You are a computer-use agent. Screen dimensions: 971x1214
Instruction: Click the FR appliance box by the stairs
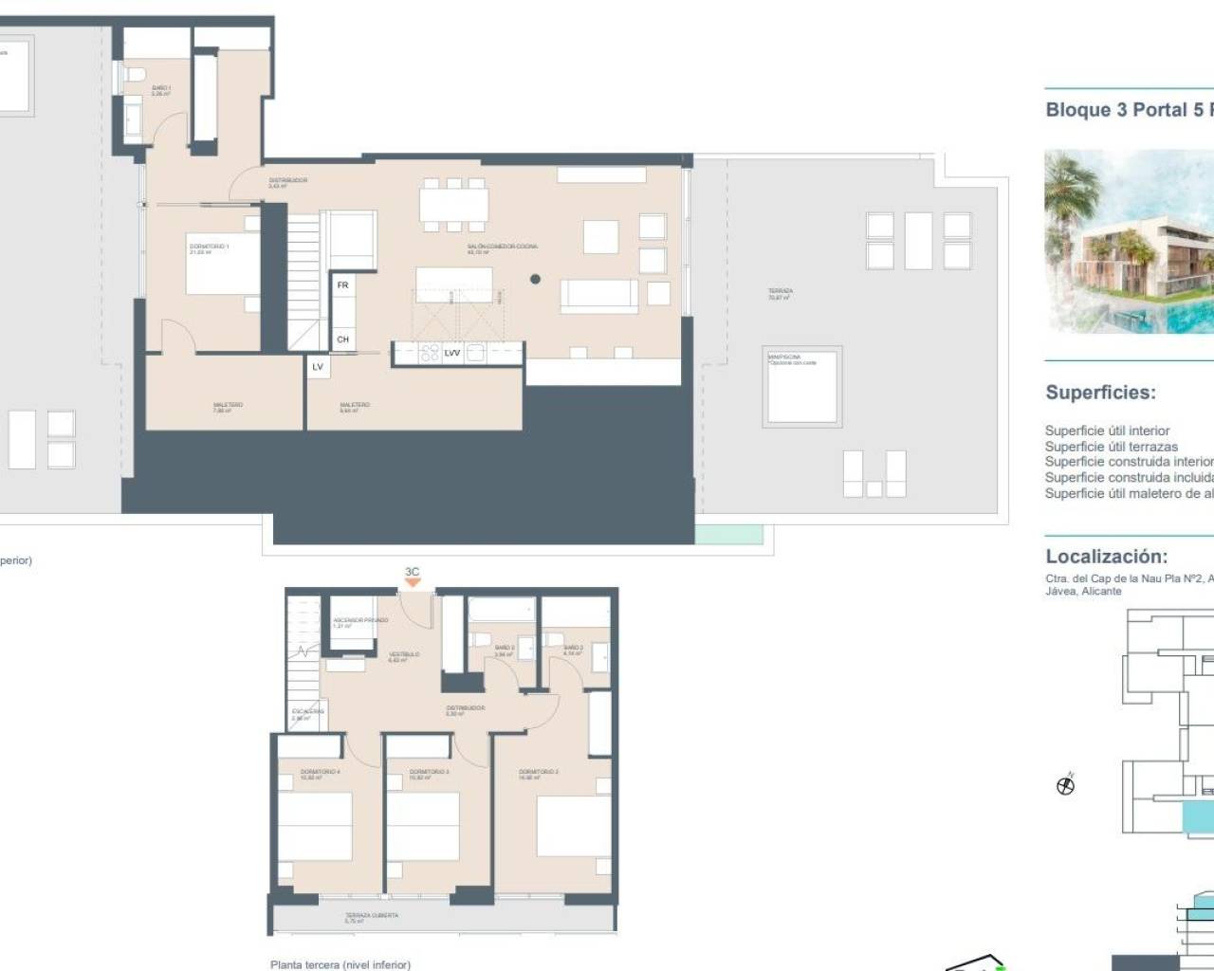coord(342,285)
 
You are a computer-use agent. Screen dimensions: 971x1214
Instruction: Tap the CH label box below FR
coord(342,339)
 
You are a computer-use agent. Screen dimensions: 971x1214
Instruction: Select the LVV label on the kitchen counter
coord(452,354)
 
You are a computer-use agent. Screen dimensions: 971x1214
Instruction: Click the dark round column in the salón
coord(535,279)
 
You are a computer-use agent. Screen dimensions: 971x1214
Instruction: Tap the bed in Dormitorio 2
coord(573,825)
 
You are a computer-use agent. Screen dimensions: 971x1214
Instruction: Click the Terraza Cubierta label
coord(372,917)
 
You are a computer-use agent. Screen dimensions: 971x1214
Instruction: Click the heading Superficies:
coord(1100,393)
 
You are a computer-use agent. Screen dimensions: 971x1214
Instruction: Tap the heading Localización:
coord(1106,557)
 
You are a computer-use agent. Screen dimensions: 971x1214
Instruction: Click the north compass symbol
coord(1066,785)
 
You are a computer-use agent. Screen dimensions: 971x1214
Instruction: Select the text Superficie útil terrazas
coord(1111,446)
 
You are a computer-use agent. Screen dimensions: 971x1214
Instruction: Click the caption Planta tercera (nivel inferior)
coord(340,964)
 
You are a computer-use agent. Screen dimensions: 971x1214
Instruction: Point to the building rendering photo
coord(1129,242)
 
